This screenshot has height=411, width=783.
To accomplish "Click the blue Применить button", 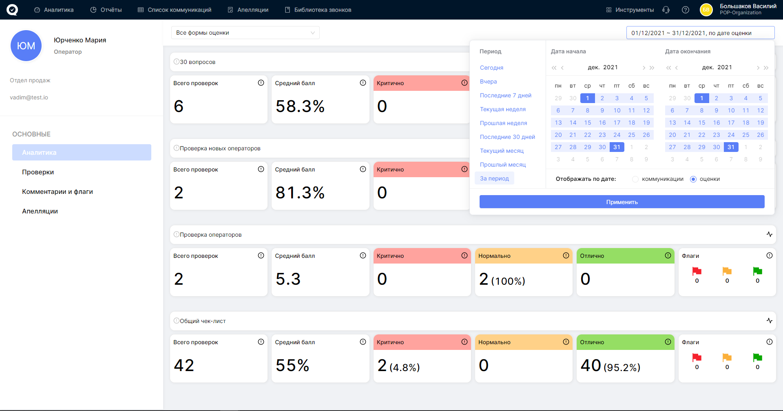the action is (x=622, y=202).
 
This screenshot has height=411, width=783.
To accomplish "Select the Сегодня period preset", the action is (x=491, y=68).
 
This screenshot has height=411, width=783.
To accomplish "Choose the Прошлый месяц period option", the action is (x=503, y=165).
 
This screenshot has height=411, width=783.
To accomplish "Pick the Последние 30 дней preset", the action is (x=507, y=137).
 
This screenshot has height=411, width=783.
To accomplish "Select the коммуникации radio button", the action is (x=635, y=179).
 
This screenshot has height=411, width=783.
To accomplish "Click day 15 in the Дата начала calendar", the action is (x=588, y=123).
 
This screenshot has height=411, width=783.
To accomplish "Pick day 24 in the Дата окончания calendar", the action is (x=731, y=135).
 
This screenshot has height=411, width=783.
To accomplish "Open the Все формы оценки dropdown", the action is (x=246, y=33).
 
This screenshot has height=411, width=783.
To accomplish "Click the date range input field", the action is (x=700, y=33).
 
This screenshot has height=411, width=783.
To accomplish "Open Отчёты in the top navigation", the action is (x=106, y=10).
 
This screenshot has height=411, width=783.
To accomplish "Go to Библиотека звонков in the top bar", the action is (x=318, y=10).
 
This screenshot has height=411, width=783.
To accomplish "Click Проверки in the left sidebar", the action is (x=38, y=172).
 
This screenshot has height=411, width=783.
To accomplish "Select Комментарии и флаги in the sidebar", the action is (x=58, y=191).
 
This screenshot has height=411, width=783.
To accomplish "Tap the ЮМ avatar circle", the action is (x=26, y=46).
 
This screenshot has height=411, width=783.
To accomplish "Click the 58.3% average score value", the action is (x=300, y=106).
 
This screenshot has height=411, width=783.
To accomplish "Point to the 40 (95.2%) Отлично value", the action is (x=610, y=365).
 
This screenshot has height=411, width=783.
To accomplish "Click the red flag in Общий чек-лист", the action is (x=697, y=357).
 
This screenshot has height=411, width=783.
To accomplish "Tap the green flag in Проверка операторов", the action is (x=758, y=271).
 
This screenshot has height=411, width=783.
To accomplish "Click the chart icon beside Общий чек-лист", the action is (x=770, y=321).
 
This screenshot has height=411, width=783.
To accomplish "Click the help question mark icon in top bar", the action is (x=686, y=10).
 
